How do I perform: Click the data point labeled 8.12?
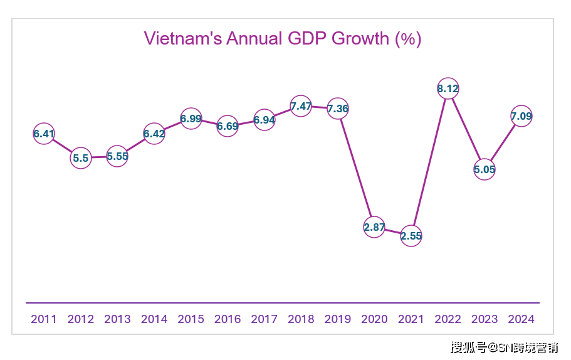pos(448,89)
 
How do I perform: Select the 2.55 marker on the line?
pos(411,236)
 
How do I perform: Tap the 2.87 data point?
pos(374,227)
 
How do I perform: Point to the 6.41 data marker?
pos(44,134)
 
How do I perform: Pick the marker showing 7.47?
pos(301,106)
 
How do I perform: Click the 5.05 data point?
pos(485,169)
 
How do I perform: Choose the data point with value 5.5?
pos(80,158)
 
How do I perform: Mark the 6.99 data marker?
pos(191,118)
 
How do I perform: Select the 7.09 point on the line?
pos(521,116)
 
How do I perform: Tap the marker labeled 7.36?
pos(338,109)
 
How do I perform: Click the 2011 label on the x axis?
pos(44,319)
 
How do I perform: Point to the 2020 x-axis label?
pos(374,319)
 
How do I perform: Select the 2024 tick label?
pos(521,319)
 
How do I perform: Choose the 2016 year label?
pos(228,319)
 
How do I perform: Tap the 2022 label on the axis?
pos(448,319)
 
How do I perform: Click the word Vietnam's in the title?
pos(182,39)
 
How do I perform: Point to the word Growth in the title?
pos(360,39)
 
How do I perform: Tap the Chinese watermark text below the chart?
pos(505,347)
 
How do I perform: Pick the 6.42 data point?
pos(154,134)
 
